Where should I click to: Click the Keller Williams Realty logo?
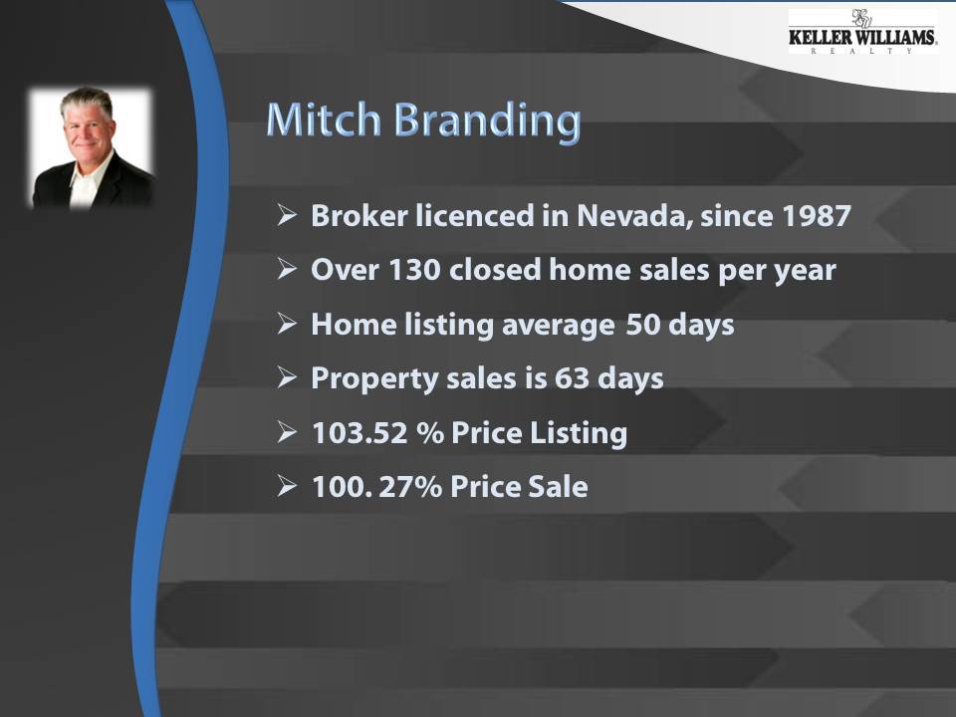pos(862,33)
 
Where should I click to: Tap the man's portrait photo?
pos(92,147)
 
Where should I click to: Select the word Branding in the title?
pos(487,121)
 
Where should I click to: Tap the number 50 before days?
pos(645,325)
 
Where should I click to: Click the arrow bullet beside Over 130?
pos(287,270)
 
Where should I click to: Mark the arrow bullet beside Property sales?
pos(287,378)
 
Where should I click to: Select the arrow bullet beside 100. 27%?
pos(287,487)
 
